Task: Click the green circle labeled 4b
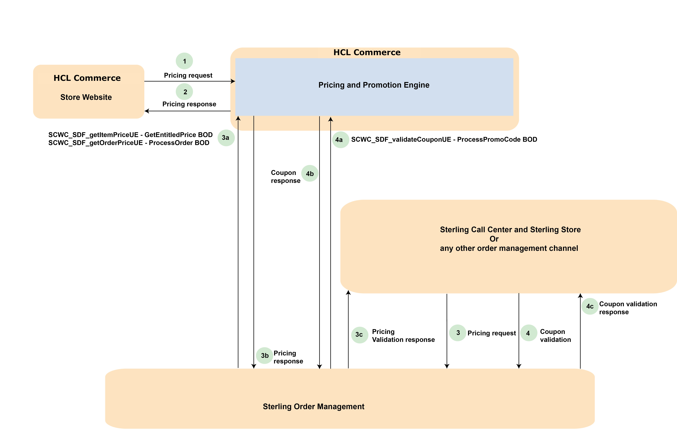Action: [x=310, y=173]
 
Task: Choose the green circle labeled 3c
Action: [x=360, y=335]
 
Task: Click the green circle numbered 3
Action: [x=457, y=333]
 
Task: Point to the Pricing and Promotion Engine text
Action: [x=374, y=85]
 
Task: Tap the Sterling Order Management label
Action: [x=313, y=406]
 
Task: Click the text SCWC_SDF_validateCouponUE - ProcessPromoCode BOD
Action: [x=444, y=139]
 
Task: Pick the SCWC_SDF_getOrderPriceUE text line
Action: [x=129, y=143]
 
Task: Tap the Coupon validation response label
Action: [x=628, y=308]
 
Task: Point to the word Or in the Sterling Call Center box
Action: [x=494, y=239]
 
